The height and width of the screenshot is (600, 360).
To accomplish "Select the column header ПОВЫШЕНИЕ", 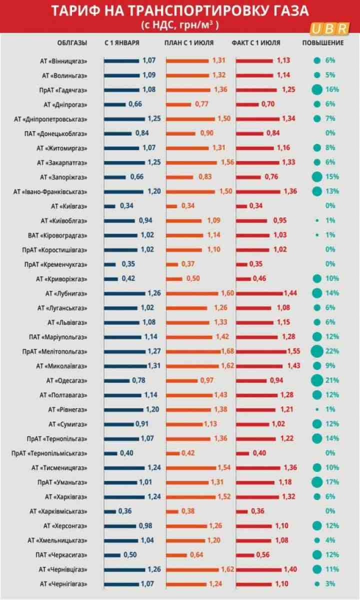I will pyautogui.click(x=322, y=43).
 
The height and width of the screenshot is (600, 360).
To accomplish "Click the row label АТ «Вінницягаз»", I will pyautogui.click(x=64, y=61).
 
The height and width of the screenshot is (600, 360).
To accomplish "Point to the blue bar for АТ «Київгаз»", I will pyautogui.click(x=110, y=206).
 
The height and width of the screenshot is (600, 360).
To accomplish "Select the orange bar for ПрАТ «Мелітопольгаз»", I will pyautogui.click(x=193, y=351).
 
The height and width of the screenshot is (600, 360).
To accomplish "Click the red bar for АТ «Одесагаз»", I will pyautogui.click(x=251, y=380).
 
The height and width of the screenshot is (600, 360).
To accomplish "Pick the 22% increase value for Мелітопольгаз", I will pyautogui.click(x=332, y=351).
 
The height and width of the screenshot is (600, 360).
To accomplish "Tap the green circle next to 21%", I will pyautogui.click(x=316, y=380).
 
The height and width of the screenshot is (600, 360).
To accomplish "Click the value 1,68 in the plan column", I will pyautogui.click(x=227, y=351).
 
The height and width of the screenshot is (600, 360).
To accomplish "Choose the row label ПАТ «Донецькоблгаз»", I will pyautogui.click(x=59, y=134).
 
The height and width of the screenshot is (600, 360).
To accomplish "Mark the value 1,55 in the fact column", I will pyautogui.click(x=294, y=351).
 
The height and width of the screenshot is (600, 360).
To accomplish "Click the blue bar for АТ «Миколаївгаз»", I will pyautogui.click(x=125, y=366).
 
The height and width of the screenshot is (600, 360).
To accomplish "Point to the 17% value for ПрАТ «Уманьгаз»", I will pyautogui.click(x=332, y=482).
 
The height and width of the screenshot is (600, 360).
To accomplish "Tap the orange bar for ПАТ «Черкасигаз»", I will pyautogui.click(x=176, y=554).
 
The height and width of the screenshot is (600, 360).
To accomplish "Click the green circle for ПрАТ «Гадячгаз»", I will pyautogui.click(x=316, y=90).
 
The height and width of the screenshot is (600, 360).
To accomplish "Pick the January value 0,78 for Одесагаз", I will pyautogui.click(x=138, y=380).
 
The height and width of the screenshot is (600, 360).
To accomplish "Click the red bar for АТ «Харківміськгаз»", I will pyautogui.click(x=241, y=511).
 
